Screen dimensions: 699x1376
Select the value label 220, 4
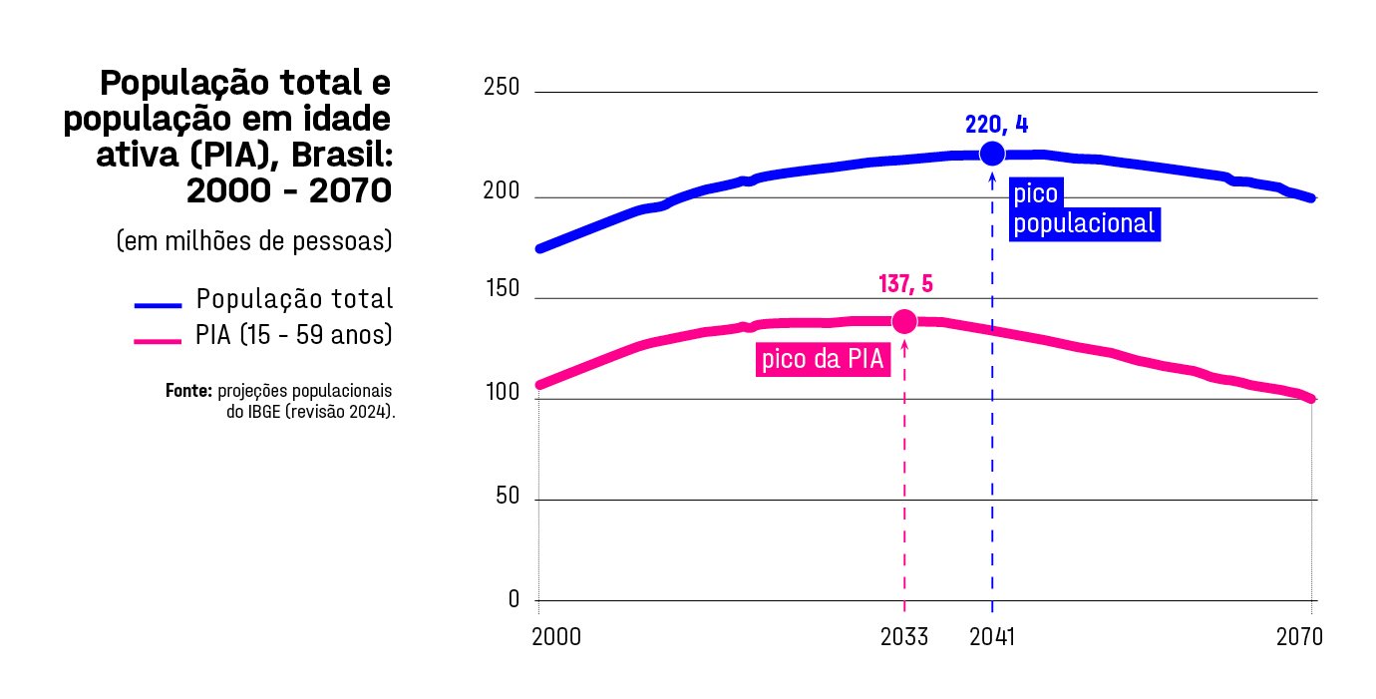995,125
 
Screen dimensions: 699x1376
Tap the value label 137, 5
905,284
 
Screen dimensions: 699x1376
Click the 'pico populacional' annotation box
1083,210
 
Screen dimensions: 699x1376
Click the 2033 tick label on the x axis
904,637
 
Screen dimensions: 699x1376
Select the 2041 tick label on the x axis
991,637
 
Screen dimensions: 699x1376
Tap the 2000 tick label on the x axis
556,637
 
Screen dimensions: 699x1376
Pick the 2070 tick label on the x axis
1299,637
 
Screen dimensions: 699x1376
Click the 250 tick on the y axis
502,88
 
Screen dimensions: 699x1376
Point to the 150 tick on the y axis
502,289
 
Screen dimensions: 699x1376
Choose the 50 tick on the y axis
509,497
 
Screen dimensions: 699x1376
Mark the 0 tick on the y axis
515,598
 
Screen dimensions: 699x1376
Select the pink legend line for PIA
158,341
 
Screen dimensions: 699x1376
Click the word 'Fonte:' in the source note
189,390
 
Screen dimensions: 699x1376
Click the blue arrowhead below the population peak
992,178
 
